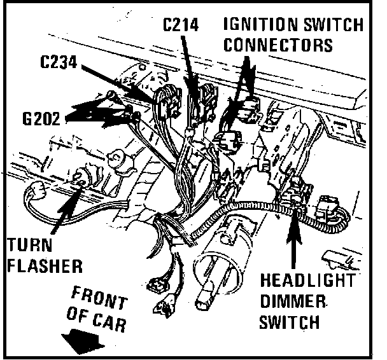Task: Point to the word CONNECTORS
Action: pyautogui.click(x=279, y=45)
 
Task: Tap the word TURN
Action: pyautogui.click(x=31, y=246)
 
